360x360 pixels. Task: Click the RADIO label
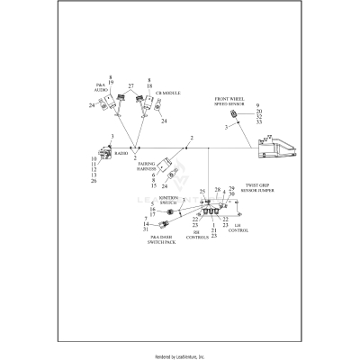coord(121,154)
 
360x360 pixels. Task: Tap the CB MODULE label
coord(168,93)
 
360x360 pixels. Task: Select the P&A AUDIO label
coord(101,89)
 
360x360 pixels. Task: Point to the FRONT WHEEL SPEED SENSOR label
coord(230,102)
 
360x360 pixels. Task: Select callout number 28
coord(216,190)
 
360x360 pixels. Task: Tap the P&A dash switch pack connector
coord(165,224)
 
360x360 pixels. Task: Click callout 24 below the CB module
coord(163,121)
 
